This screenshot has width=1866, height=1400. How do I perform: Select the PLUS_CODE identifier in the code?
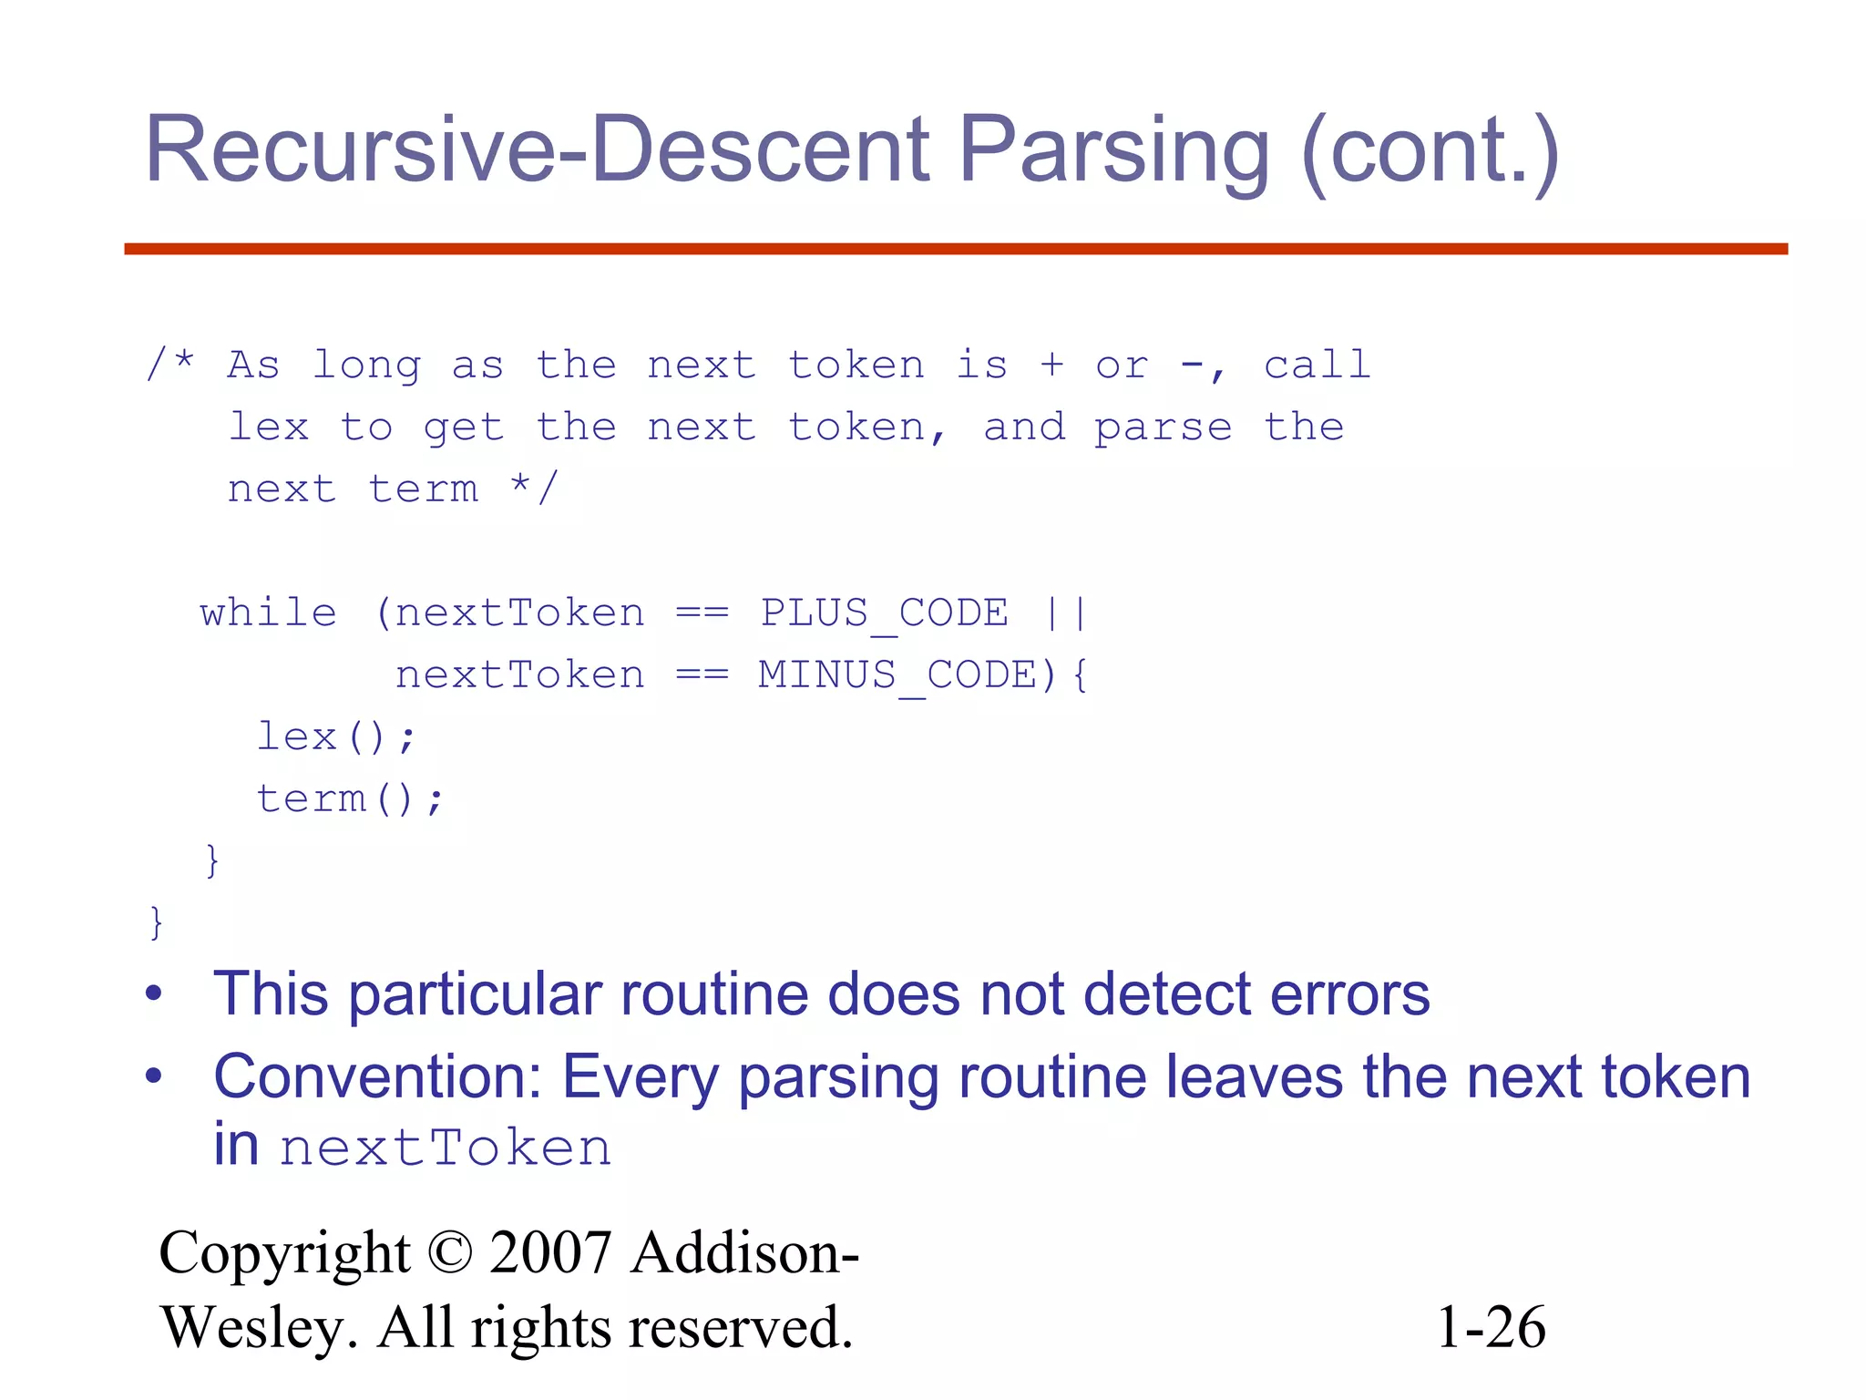click(884, 612)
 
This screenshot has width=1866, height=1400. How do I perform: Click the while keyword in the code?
click(269, 612)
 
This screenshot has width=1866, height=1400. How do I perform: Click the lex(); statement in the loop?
click(335, 736)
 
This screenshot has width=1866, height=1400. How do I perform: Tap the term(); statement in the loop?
click(350, 799)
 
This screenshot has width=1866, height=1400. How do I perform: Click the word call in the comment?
click(1317, 365)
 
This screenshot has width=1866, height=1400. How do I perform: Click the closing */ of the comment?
click(533, 488)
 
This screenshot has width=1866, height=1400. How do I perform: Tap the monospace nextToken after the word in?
click(446, 1148)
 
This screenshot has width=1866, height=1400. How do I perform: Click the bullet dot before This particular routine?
click(154, 993)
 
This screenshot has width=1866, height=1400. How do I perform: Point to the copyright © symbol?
click(449, 1252)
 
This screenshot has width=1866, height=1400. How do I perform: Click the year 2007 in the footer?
click(549, 1252)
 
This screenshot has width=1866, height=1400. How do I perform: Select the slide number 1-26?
click(1491, 1327)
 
